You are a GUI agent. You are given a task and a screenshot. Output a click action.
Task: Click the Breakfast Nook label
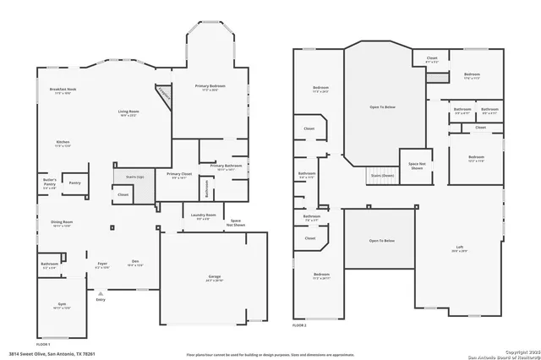click(63, 90)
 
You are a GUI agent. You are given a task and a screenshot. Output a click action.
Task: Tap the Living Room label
click(128, 113)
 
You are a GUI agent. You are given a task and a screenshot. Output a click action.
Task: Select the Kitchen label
click(63, 144)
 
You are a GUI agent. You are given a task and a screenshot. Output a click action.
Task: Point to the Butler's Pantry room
click(51, 185)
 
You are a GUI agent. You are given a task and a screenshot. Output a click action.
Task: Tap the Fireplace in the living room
click(162, 95)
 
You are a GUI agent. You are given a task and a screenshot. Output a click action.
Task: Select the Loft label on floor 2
click(459, 248)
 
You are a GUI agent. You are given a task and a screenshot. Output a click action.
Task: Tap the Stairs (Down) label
click(382, 176)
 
